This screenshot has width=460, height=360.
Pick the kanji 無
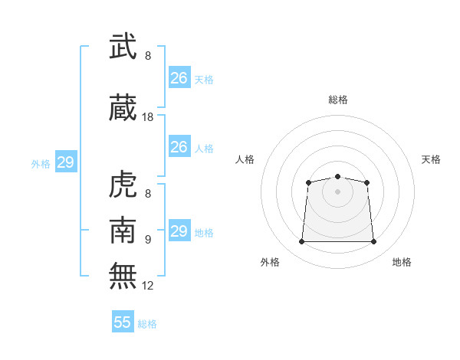[x=123, y=276]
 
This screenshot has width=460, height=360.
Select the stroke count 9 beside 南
[x=148, y=240]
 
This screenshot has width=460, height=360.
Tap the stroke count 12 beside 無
[x=148, y=286]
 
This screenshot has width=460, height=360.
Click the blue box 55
[x=123, y=322]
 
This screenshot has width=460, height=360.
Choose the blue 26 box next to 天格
[x=179, y=78]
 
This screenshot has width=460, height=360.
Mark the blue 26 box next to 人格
[x=179, y=147]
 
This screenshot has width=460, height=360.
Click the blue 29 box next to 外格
[x=65, y=162]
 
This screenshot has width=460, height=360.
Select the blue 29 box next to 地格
[x=179, y=231]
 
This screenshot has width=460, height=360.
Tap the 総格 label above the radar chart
[x=337, y=100]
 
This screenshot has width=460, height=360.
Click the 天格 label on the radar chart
[x=431, y=159]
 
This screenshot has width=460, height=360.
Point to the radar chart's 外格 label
[x=270, y=262]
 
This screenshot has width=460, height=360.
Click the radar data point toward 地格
[x=374, y=242]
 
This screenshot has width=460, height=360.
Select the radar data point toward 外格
[x=301, y=242]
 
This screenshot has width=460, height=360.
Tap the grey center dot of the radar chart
[x=337, y=191]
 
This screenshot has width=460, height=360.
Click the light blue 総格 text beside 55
[x=147, y=324]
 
